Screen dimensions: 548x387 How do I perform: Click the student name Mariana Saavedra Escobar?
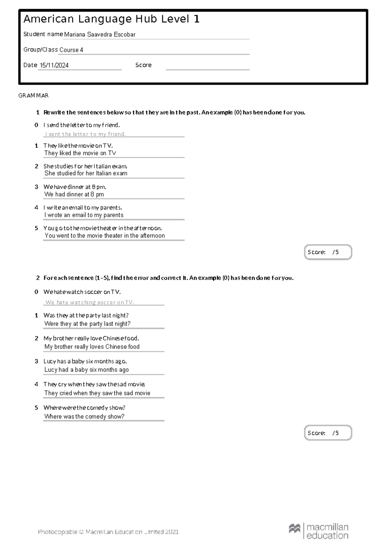100,35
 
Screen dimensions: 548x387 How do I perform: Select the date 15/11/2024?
54,65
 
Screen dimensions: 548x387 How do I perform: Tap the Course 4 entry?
71,50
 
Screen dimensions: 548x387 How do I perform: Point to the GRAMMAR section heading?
34,96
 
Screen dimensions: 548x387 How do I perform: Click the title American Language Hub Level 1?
111,19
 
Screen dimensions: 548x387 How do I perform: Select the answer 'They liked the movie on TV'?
80,153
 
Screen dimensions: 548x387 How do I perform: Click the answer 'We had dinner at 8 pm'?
74,194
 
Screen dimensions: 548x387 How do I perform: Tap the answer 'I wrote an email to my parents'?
84,215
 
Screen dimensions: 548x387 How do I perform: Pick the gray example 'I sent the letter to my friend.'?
85,134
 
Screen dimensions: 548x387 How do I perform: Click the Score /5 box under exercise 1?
328,252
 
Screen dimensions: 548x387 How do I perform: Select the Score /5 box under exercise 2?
328,433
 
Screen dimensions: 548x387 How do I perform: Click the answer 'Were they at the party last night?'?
87,324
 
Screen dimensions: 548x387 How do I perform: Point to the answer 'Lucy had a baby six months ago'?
86,370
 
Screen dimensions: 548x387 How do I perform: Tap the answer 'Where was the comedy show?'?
84,417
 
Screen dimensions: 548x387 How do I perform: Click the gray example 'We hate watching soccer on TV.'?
90,302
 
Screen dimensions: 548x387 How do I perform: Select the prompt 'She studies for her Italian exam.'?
85,166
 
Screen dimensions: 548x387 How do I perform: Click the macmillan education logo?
318,531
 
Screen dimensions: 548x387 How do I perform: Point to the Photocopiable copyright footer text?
108,532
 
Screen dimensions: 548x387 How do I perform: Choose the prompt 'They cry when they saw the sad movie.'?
94,384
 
